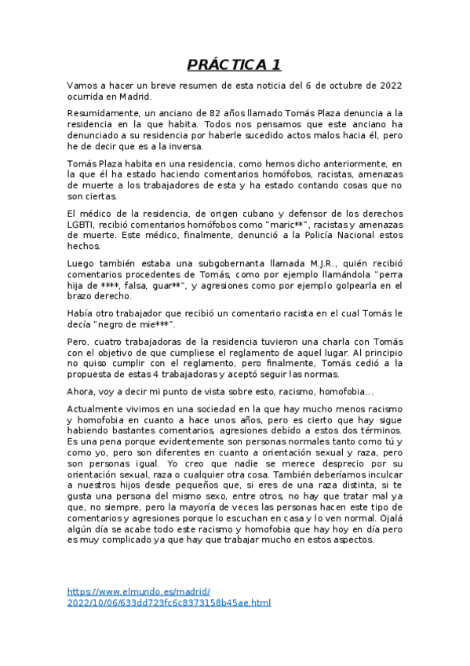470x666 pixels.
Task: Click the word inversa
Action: pyautogui.click(x=183, y=146)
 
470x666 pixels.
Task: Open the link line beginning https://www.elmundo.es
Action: pyautogui.click(x=139, y=591)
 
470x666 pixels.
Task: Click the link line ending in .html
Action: pyautogui.click(x=169, y=602)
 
